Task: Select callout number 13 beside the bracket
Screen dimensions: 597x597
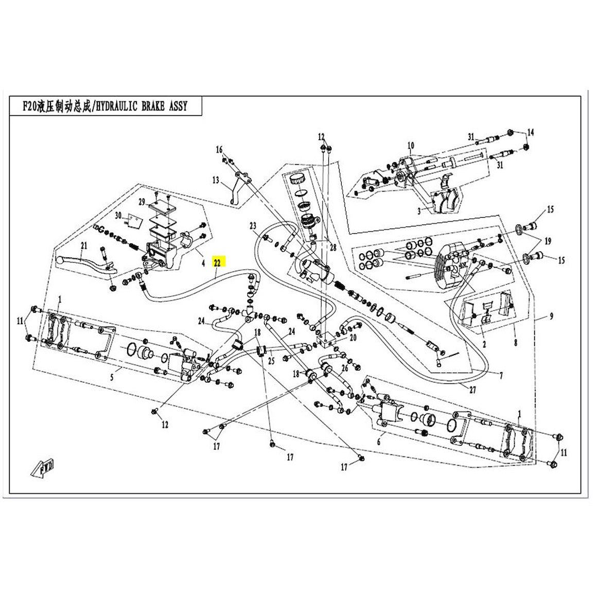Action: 216,180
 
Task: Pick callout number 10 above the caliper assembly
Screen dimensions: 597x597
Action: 411,145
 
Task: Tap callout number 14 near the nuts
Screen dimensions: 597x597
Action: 531,133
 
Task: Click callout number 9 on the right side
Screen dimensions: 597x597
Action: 551,317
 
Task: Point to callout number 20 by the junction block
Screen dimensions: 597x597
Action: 353,338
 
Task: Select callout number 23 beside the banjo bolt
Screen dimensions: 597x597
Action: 253,225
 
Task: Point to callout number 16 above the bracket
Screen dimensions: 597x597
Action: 219,150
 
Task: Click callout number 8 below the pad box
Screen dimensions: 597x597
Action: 516,340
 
